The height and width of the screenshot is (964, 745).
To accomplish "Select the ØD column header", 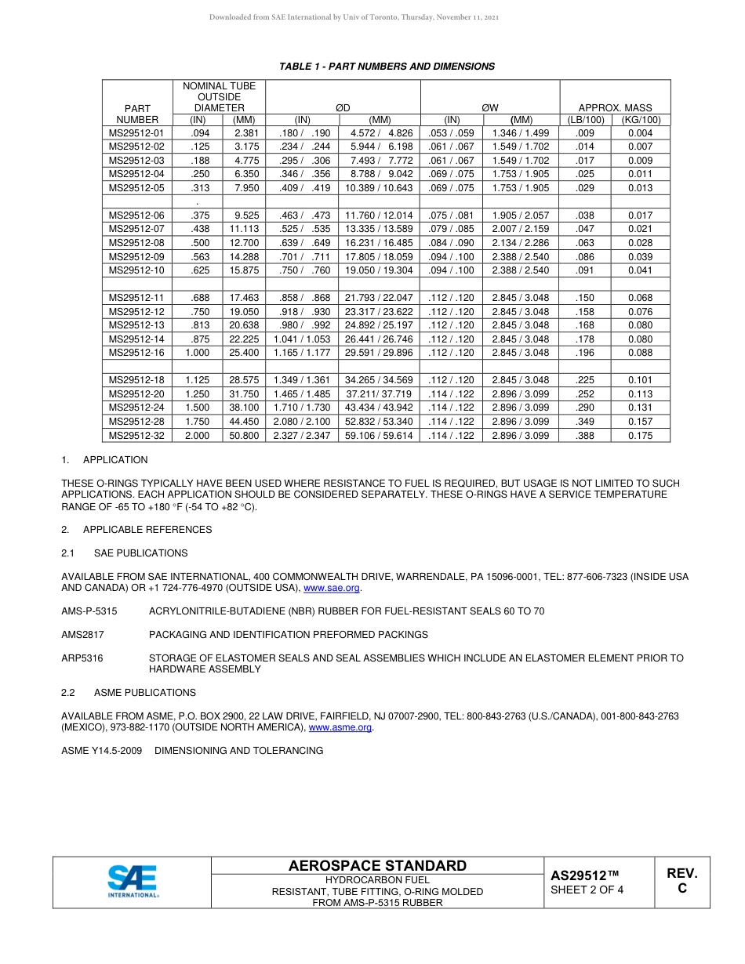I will [343, 107].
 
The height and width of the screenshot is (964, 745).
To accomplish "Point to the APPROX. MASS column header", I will [614, 107].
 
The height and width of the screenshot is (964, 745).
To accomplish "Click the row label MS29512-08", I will [136, 243].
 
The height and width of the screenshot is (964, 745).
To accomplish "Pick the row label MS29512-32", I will [136, 436].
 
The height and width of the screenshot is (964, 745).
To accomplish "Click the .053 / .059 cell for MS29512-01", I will [452, 133].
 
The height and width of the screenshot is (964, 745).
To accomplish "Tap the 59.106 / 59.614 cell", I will [380, 436].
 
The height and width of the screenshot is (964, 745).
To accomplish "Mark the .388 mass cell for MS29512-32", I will [584, 436].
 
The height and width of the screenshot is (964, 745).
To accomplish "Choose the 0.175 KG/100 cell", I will [640, 436].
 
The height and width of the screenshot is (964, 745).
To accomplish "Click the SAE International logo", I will [133, 882].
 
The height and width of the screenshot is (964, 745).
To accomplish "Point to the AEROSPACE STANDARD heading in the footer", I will [377, 866].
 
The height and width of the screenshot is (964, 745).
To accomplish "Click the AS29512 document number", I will [584, 875].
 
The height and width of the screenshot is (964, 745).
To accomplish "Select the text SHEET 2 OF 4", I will [587, 890].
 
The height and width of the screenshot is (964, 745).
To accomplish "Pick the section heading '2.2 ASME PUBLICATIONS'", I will [129, 693].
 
